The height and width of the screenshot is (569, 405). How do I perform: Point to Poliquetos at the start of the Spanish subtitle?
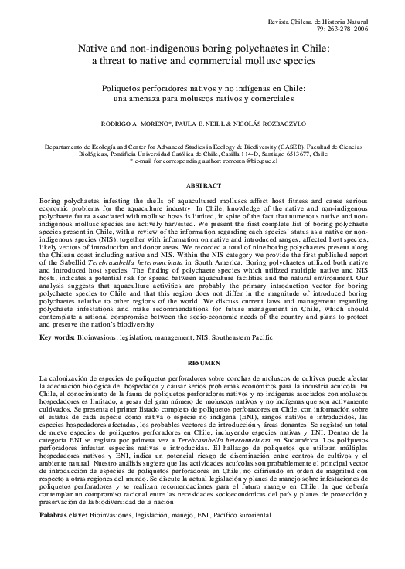[128, 89]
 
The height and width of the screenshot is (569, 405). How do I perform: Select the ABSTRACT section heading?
[202, 186]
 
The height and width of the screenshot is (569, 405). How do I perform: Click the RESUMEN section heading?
[202, 362]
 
